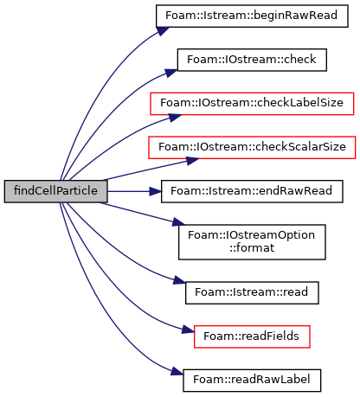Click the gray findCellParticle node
pyautogui.click(x=55, y=191)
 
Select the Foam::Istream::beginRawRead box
pyautogui.click(x=252, y=16)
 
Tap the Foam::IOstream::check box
pyautogui.click(x=252, y=60)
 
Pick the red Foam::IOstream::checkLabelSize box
pyautogui.click(x=252, y=104)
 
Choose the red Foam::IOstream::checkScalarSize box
pyautogui.click(x=252, y=147)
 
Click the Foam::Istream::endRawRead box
pyautogui.click(x=252, y=191)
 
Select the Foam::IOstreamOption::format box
pyautogui.click(x=252, y=242)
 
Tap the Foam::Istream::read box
pyautogui.click(x=252, y=292)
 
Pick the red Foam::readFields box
pyautogui.click(x=252, y=336)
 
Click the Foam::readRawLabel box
pyautogui.click(x=252, y=381)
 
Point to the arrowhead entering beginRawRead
pyautogui.click(x=163, y=31)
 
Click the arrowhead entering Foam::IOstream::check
pyautogui.click(x=171, y=73)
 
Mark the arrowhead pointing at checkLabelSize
pyautogui.click(x=175, y=118)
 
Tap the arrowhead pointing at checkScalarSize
pyautogui.click(x=192, y=161)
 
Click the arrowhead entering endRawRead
pyautogui.click(x=155, y=191)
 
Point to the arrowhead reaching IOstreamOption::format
pyautogui.click(x=178, y=223)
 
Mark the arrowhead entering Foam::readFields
pyautogui.click(x=188, y=330)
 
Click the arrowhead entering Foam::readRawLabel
pyautogui.click(x=177, y=371)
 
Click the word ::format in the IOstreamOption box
pyautogui.click(x=252, y=248)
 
